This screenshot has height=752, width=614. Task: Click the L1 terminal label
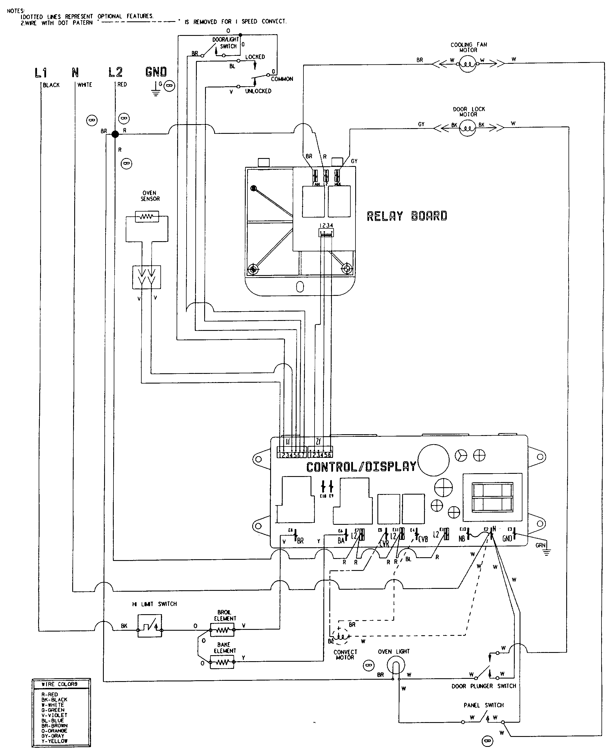[41, 73]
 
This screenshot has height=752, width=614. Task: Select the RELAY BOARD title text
[407, 216]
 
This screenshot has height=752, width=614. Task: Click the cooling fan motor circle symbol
[468, 64]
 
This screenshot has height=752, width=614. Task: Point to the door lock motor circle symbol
[468, 128]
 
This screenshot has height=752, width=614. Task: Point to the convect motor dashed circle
[340, 636]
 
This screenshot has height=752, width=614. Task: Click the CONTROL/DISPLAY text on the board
[361, 467]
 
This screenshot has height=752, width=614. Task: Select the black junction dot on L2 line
[115, 134]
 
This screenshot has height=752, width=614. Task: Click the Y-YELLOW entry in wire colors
[54, 741]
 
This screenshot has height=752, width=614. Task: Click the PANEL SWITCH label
[483, 705]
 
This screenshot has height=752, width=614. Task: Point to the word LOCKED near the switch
[255, 57]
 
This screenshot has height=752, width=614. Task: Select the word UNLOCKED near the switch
[258, 91]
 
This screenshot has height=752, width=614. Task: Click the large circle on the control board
[434, 460]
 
